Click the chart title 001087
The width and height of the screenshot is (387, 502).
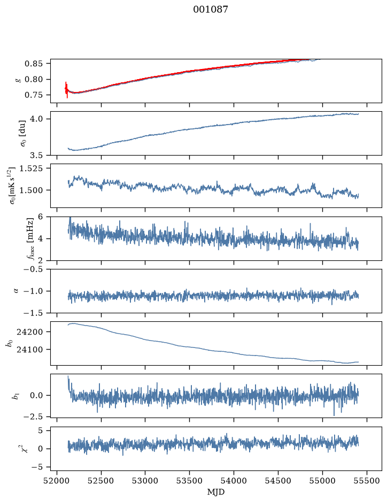click(211, 10)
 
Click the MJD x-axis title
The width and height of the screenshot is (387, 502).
click(216, 492)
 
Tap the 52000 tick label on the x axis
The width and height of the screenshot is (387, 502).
click(57, 481)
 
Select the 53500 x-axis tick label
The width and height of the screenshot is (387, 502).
click(190, 481)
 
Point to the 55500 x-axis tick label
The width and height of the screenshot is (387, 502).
click(367, 481)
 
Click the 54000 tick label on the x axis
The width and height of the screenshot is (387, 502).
click(234, 481)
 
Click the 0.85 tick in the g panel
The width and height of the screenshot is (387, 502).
click(33, 64)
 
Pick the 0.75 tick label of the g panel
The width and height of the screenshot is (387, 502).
click(33, 95)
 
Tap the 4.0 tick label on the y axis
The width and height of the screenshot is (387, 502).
click(36, 119)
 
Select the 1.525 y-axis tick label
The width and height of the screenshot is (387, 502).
click(31, 168)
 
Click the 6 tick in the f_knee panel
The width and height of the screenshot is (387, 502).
click(40, 217)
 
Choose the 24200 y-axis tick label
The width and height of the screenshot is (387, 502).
click(29, 331)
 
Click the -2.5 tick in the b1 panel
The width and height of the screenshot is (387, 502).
click(33, 416)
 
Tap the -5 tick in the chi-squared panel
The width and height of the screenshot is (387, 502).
click(37, 467)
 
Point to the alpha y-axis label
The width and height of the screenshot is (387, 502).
click(17, 291)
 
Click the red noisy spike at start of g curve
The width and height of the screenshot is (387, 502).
click(66, 90)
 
